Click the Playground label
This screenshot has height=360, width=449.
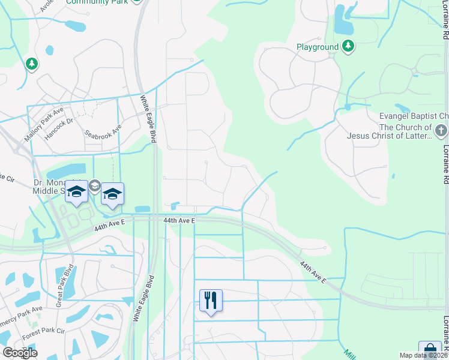click(x=318, y=46)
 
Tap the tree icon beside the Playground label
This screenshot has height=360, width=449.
click(x=348, y=46)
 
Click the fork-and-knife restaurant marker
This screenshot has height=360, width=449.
click(x=211, y=299)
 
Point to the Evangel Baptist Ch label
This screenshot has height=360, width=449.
click(x=414, y=116)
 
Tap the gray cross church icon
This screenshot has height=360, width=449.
click(x=441, y=130)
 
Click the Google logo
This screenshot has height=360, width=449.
click(x=20, y=353)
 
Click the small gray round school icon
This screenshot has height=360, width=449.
click(x=94, y=187)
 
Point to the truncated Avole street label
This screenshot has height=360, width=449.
click(x=46, y=5)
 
